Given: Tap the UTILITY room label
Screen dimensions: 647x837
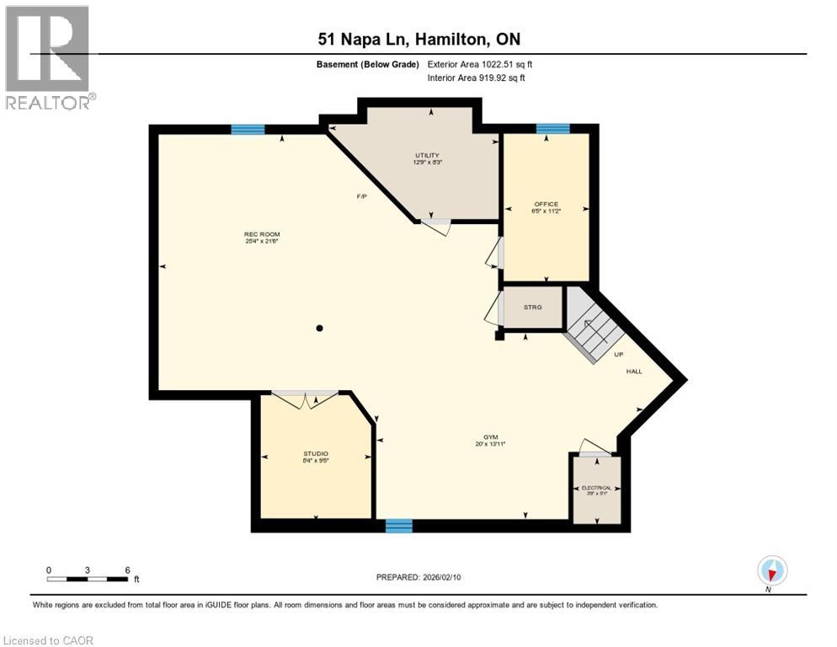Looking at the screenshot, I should point(428,156).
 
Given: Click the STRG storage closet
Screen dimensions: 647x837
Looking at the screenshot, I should point(532,307).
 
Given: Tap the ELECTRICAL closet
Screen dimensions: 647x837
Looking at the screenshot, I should point(597,489).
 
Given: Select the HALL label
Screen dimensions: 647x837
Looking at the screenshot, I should point(633,372).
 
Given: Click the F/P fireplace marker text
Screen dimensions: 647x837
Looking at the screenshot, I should point(361,196).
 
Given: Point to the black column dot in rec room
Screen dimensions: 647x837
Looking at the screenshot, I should point(320,328).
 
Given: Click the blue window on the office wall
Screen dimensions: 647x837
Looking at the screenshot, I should point(552,129).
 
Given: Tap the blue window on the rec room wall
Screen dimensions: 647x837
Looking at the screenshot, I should point(248,130).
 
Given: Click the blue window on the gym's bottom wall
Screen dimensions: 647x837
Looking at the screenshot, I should point(398,526).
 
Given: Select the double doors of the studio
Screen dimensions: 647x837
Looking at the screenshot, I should point(305,399).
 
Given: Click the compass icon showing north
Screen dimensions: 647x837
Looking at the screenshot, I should point(771,571).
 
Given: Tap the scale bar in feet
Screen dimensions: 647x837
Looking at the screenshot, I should point(88,579).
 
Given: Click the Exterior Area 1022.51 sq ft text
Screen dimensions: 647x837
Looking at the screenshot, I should point(480,64).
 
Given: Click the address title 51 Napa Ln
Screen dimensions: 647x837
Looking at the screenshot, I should point(418,39).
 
